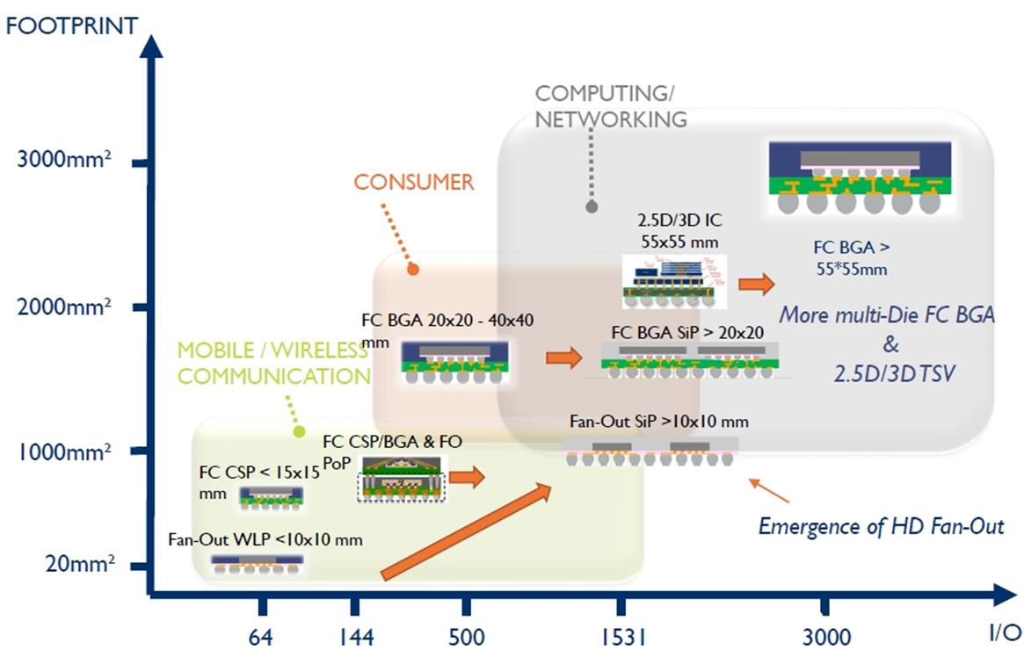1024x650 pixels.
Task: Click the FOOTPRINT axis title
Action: (x=72, y=25)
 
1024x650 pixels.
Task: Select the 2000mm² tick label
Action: (x=64, y=307)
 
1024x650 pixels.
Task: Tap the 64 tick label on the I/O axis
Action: (x=260, y=636)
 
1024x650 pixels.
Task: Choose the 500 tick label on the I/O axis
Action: (x=466, y=636)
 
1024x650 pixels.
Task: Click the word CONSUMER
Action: (x=413, y=183)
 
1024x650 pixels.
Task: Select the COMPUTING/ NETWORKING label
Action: (x=611, y=106)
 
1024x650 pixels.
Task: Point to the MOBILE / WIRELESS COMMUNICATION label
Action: (x=272, y=364)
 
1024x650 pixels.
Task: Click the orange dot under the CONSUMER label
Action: (x=412, y=270)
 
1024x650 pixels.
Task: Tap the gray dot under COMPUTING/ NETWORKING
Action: (x=592, y=207)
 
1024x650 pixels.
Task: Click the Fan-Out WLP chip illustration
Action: (x=258, y=564)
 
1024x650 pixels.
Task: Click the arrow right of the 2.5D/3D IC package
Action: (x=756, y=284)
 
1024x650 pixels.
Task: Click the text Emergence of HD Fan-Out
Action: (x=881, y=526)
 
